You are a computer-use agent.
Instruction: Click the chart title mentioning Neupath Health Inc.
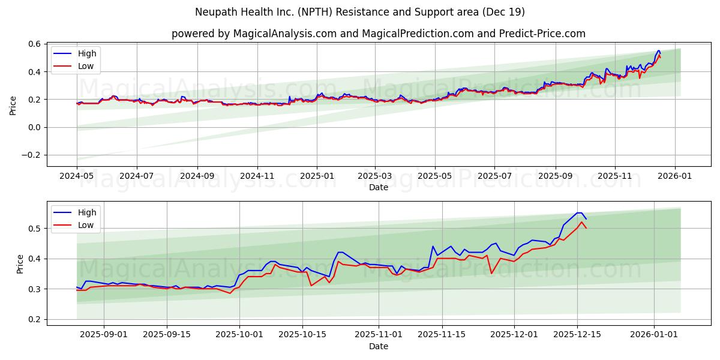pyautogui.click(x=360, y=12)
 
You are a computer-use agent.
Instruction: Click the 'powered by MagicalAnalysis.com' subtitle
pyautogui.click(x=378, y=34)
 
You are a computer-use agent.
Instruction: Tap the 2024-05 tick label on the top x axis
pyautogui.click(x=77, y=176)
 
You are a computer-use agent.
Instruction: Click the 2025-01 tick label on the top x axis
pyautogui.click(x=317, y=176)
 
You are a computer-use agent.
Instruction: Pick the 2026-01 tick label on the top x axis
pyautogui.click(x=675, y=176)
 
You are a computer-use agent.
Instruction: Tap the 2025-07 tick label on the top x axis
pyautogui.click(x=494, y=176)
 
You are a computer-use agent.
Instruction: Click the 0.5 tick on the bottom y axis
pyautogui.click(x=35, y=229)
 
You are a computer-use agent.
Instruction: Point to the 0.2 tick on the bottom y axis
pyautogui.click(x=35, y=319)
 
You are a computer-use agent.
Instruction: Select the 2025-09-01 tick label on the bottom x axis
pyautogui.click(x=104, y=335)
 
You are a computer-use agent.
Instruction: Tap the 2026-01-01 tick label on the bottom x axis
pyautogui.click(x=653, y=335)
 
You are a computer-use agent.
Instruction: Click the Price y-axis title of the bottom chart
pyautogui.click(x=20, y=264)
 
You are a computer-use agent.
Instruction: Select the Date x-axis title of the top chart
pyautogui.click(x=378, y=187)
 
